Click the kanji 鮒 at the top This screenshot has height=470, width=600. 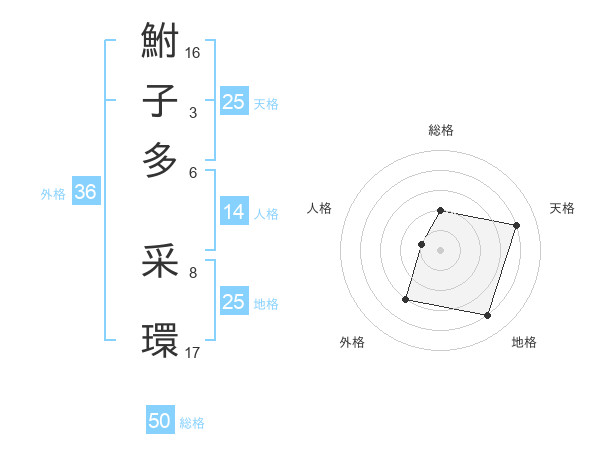(160, 42)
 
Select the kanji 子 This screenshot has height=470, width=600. (160, 101)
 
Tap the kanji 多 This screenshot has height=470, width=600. (160, 160)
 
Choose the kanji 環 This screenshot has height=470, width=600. (160, 340)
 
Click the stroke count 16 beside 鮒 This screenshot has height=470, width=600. (193, 51)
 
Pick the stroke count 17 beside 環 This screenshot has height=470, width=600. (193, 351)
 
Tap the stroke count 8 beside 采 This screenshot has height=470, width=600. (193, 271)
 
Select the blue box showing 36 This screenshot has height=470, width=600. (85, 193)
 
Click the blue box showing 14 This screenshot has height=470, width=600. (234, 212)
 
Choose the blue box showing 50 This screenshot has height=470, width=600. (160, 421)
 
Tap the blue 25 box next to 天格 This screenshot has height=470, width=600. (234, 102)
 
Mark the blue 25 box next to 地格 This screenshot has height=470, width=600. (234, 302)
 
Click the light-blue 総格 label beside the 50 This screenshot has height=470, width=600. (192, 423)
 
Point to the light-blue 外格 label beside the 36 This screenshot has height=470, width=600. (53, 194)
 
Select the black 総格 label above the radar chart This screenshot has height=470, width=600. (441, 130)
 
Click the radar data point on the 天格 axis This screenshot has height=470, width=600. (516, 226)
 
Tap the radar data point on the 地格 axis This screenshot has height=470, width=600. (487, 316)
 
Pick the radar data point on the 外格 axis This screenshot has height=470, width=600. (406, 298)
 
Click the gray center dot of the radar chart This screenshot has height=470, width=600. (441, 250)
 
